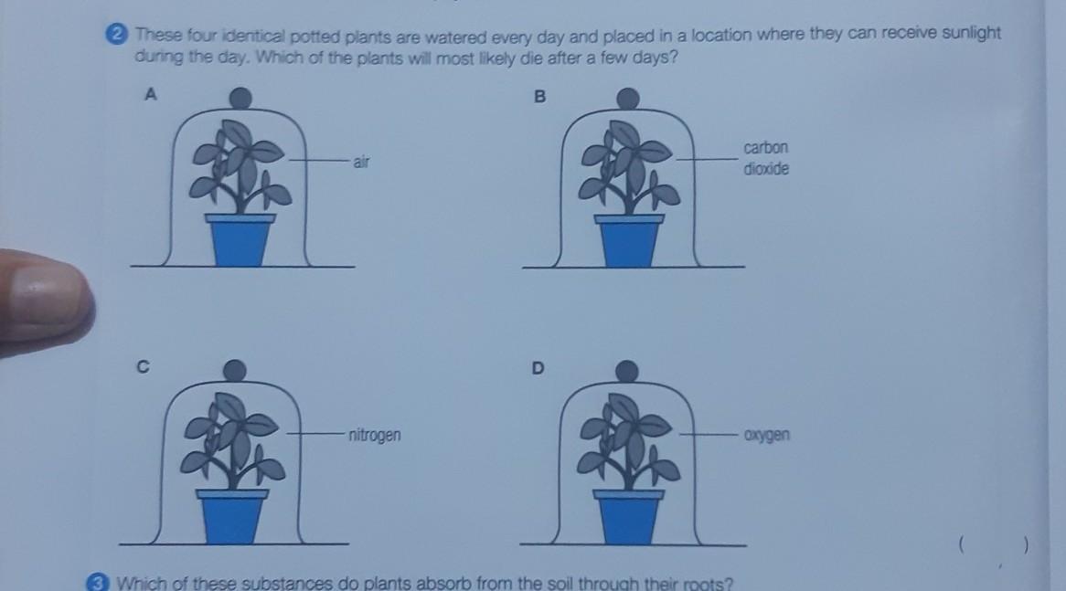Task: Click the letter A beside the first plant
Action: (151, 94)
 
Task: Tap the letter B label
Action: (539, 97)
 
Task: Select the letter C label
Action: (143, 367)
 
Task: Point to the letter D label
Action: (538, 368)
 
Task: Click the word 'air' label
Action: (361, 162)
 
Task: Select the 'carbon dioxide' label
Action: (766, 158)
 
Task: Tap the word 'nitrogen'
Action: (375, 435)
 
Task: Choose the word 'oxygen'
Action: (767, 435)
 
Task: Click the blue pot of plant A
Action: (240, 240)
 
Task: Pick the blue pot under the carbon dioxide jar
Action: (629, 240)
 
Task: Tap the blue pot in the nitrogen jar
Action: (232, 516)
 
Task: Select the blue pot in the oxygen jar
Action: (628, 517)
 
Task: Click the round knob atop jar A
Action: (240, 98)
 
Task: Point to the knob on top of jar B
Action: (627, 99)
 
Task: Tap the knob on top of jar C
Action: (235, 370)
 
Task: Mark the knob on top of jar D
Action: (627, 371)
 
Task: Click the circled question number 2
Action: (117, 34)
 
